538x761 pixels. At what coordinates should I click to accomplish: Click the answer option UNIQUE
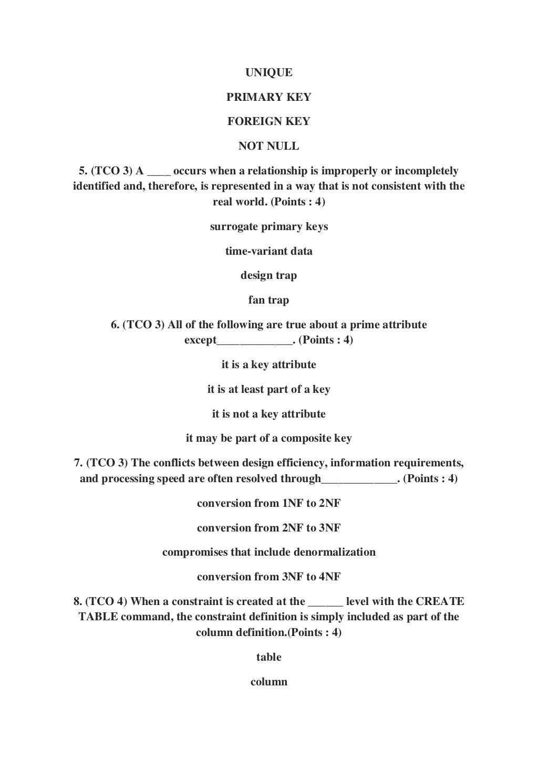click(x=268, y=72)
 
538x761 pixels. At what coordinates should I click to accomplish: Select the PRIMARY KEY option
click(x=268, y=97)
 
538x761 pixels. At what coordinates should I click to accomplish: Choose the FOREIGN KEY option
click(x=268, y=121)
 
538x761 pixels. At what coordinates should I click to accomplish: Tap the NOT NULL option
click(x=268, y=146)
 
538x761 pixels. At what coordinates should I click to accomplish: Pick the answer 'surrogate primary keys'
click(x=268, y=227)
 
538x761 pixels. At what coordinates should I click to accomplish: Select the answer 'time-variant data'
click(x=268, y=251)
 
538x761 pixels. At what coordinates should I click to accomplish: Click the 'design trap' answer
click(x=268, y=276)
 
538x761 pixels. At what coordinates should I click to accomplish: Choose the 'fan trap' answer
click(x=268, y=300)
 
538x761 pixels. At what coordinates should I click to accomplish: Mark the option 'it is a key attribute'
click(x=268, y=365)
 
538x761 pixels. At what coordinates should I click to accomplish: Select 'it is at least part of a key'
click(x=268, y=390)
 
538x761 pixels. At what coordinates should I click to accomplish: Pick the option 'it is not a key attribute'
click(x=268, y=414)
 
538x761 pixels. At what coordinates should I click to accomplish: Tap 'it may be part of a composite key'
click(x=268, y=439)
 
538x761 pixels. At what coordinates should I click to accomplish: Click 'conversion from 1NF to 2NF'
click(x=268, y=503)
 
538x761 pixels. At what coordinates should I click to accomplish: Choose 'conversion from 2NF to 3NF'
click(x=268, y=528)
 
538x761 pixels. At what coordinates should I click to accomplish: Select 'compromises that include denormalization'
click(x=268, y=552)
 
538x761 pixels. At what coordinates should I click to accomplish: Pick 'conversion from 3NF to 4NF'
click(x=268, y=577)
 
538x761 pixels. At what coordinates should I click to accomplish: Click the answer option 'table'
click(x=268, y=658)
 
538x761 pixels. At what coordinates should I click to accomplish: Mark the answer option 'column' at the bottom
click(x=268, y=682)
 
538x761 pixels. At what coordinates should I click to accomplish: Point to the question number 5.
click(x=82, y=171)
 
